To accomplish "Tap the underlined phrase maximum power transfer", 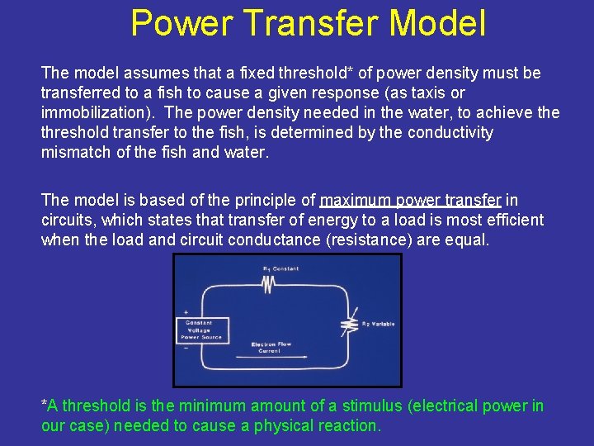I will [410, 200].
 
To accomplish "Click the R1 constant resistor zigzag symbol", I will [267, 283].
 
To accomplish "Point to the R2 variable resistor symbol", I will [354, 324].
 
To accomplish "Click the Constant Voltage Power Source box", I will [199, 330].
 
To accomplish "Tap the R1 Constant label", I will [280, 269].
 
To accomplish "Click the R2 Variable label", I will [378, 325].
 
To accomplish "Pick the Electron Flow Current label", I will [270, 347].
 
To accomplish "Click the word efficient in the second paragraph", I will [516, 220].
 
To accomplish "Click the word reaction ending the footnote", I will [350, 426].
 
